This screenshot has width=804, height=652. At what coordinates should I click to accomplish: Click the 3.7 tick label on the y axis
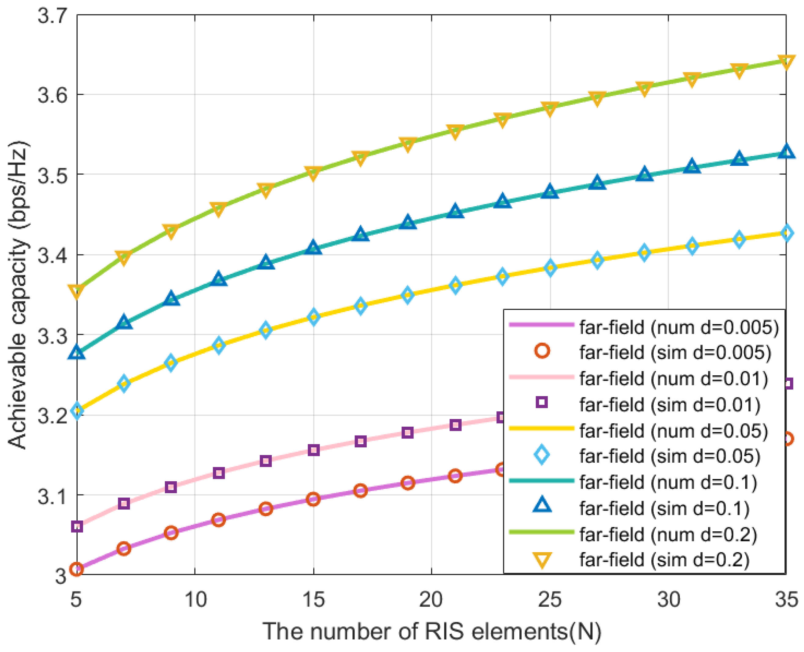click(52, 16)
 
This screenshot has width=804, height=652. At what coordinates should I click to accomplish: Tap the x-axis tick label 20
click(431, 599)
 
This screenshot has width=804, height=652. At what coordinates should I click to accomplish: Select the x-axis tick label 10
click(195, 599)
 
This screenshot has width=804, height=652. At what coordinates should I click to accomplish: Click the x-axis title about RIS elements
click(432, 631)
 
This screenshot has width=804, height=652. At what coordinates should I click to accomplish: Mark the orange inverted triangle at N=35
click(786, 62)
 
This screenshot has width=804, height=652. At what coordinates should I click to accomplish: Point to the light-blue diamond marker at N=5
click(77, 411)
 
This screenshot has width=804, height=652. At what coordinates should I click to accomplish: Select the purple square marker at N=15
click(314, 450)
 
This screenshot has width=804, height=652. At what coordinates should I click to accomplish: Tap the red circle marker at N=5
click(77, 569)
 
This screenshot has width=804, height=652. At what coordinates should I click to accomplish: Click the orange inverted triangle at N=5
click(77, 291)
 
